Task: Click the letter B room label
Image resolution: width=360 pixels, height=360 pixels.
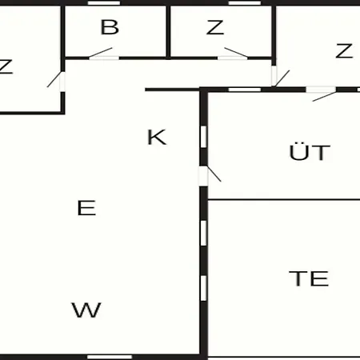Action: (110, 27)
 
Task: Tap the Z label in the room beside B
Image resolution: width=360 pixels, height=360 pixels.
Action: (215, 27)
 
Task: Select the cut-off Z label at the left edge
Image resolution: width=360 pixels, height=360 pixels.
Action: (6, 66)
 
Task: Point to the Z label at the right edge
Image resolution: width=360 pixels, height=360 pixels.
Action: (344, 50)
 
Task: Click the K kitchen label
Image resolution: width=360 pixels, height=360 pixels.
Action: (157, 137)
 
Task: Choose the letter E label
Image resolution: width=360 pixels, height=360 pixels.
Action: (86, 208)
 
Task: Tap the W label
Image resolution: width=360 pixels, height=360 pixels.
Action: (86, 310)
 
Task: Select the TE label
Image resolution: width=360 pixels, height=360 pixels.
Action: (309, 278)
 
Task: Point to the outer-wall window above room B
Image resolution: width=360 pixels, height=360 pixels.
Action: (104, 3)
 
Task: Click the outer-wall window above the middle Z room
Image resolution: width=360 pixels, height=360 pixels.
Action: (245, 3)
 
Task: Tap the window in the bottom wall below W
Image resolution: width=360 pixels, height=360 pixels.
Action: (110, 357)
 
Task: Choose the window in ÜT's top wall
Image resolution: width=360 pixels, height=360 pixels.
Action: (245, 90)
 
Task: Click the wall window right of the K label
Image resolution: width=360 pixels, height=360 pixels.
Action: (203, 137)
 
